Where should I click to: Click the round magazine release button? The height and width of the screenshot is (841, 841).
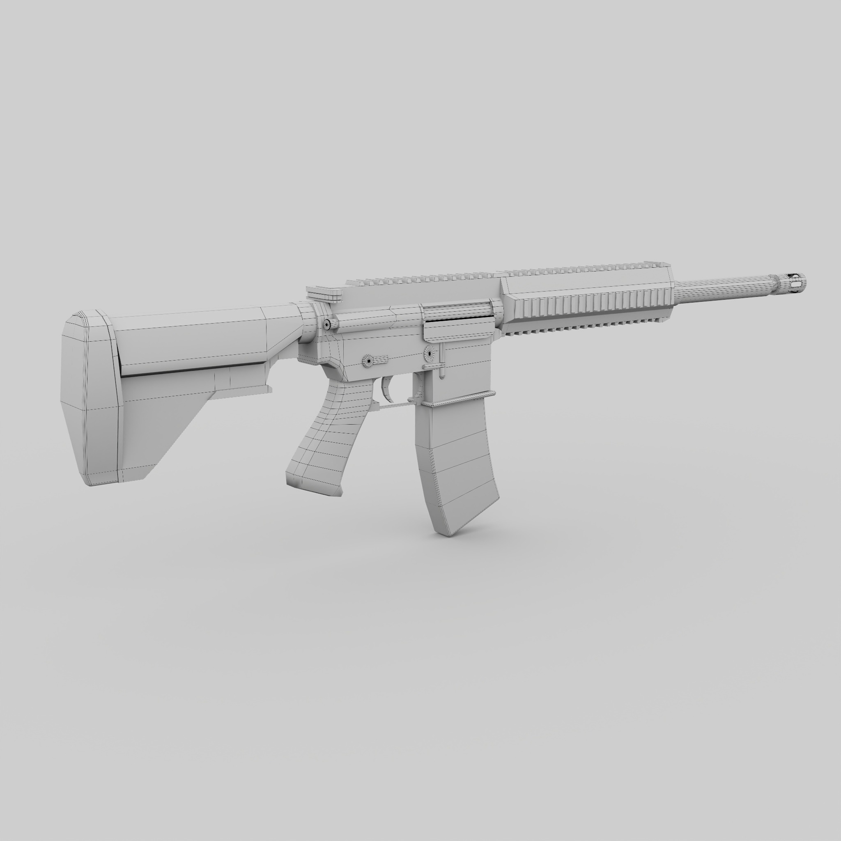[430, 354]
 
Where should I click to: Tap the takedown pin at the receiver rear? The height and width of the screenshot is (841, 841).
[326, 324]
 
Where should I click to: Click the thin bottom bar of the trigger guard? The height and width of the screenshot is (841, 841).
[394, 405]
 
